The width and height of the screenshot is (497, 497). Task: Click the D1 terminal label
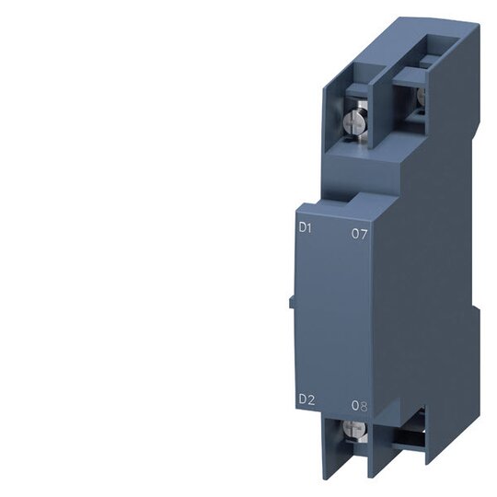point(306,228)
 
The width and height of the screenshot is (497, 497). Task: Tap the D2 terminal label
point(306,400)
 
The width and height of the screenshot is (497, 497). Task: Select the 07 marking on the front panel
point(359,234)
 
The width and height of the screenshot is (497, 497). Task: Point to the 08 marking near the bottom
point(360,406)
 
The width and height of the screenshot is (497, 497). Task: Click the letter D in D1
point(304,228)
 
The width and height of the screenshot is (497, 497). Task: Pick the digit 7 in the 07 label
point(364,234)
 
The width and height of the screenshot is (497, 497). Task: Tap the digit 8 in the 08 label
point(364,406)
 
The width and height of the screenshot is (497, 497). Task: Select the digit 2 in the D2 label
point(311,400)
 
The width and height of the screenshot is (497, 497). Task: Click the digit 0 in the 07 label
point(355,234)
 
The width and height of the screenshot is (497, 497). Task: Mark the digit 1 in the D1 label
point(310,228)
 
